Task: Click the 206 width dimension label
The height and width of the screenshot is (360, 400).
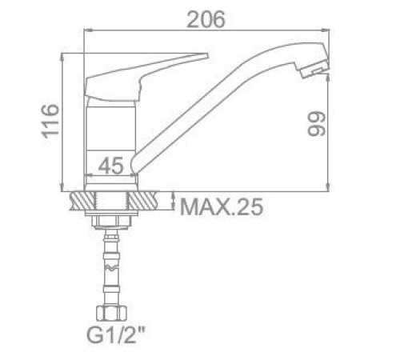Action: pos(206,19)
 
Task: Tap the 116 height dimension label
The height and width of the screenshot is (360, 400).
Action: pos(50,122)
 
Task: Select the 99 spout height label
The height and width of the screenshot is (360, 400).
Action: pos(317,124)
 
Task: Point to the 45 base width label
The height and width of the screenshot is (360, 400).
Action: pos(111,166)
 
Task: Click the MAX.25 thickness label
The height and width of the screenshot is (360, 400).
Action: pos(222,207)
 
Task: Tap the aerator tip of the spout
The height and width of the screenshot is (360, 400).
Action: pos(315,69)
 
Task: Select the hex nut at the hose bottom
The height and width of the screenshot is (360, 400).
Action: pos(111,313)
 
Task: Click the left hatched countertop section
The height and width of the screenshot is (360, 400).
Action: pos(82,201)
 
